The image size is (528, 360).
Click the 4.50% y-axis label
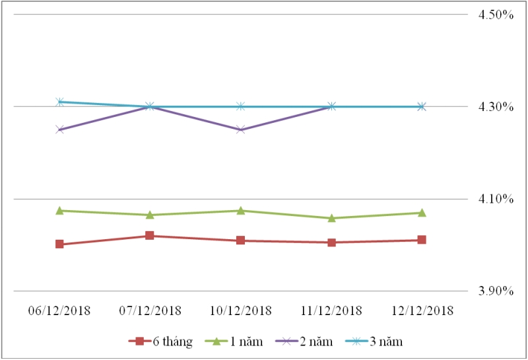pos(496,15)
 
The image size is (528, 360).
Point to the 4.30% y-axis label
pos(496,106)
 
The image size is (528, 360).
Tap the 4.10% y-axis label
pos(496,199)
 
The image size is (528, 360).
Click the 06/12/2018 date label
pos(59,310)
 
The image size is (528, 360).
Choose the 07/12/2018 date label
pos(150,310)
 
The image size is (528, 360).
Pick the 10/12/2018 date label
pos(240,310)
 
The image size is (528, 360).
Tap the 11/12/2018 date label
pos(331,310)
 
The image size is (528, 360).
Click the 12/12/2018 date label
pos(421,310)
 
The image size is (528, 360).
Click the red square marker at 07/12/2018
pos(150,236)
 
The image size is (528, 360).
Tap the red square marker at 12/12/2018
pos(421,240)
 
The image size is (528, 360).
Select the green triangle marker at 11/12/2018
pos(331,218)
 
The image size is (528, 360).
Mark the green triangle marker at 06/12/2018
pos(59,211)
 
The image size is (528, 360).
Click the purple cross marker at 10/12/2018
pos(240,129)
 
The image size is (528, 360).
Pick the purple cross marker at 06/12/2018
pos(59,129)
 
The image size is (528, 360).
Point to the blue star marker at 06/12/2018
pos(59,102)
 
